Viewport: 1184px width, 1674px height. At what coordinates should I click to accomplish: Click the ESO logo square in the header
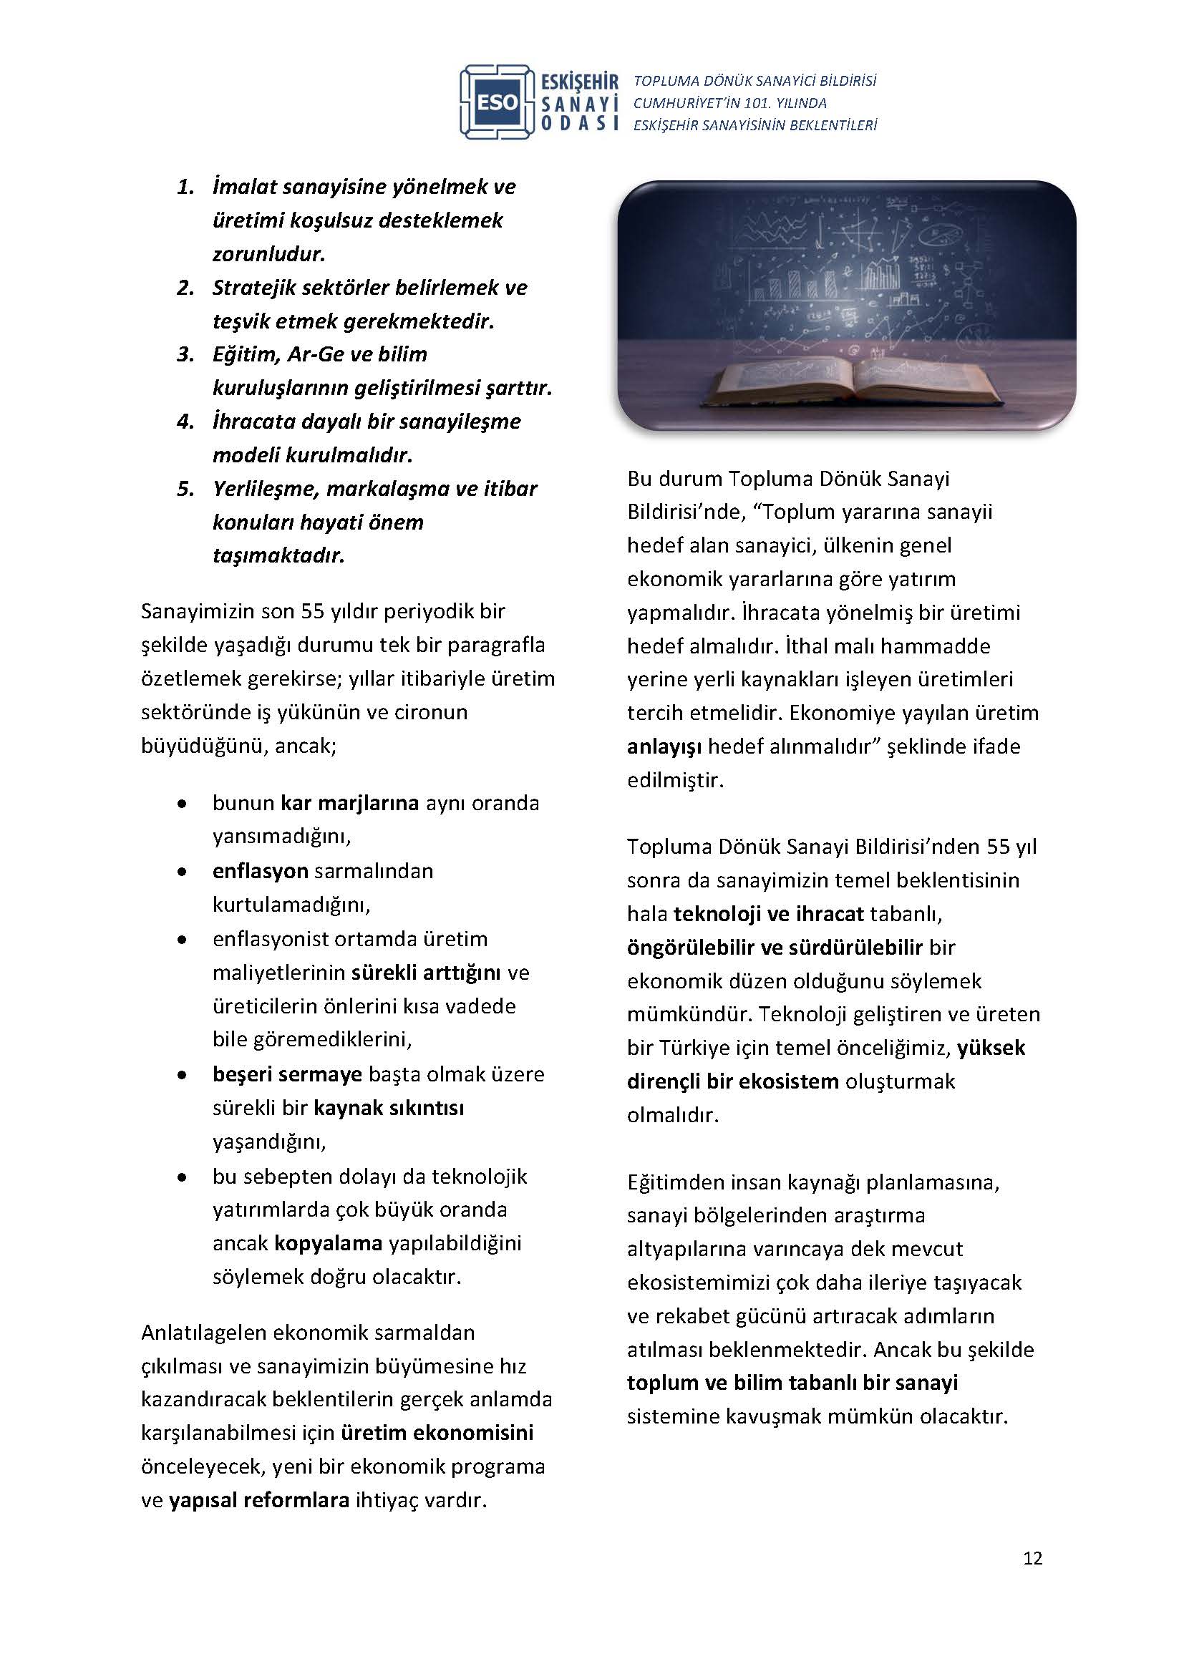(498, 102)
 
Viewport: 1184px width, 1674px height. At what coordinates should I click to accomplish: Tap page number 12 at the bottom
(1032, 1558)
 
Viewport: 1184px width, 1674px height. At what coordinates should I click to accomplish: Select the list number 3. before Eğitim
(186, 354)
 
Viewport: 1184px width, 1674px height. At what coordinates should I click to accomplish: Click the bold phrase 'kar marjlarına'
(349, 803)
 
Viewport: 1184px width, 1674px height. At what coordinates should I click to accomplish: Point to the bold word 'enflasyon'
(261, 870)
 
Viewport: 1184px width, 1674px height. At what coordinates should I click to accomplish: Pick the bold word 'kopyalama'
(328, 1242)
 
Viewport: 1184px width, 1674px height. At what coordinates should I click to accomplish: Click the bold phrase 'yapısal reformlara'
(259, 1500)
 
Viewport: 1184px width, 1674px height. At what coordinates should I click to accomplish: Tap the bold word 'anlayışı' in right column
(664, 746)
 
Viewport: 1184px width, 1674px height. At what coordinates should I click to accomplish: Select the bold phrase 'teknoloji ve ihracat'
(768, 913)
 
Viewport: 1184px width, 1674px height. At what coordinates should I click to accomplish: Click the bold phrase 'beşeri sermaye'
(287, 1074)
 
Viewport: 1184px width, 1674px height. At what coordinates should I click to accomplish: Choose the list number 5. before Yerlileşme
(186, 489)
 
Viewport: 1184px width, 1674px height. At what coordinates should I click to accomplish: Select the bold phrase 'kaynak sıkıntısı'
(389, 1107)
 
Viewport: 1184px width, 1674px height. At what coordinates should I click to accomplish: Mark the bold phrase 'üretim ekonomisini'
(437, 1433)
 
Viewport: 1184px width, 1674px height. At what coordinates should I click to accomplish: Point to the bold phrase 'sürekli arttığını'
(426, 973)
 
